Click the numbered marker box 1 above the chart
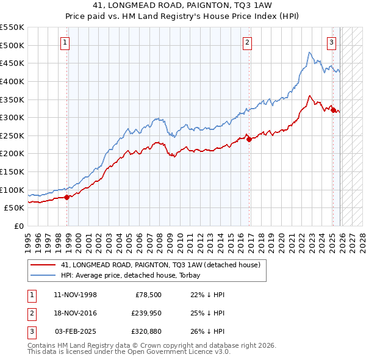[65, 42]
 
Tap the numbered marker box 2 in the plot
[247, 42]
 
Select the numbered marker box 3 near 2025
[331, 42]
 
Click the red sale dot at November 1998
[67, 196]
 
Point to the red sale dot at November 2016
[249, 139]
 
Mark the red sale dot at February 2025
[333, 110]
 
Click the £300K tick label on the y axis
[12, 117]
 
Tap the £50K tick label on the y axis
[14, 207]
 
